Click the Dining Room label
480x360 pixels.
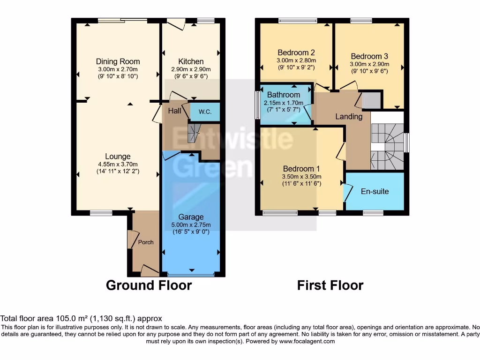point(118,61)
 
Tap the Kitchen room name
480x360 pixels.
point(191,61)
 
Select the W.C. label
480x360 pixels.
point(205,112)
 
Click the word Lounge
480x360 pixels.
point(118,157)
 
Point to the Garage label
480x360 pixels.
point(191,217)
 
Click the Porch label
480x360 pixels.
point(146,242)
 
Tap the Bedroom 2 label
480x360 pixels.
point(296,52)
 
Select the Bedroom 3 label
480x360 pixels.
point(369,56)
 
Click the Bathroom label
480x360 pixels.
point(284,95)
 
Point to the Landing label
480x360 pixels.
point(349,117)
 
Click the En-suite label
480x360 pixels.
point(375,192)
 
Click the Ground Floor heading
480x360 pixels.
point(149,285)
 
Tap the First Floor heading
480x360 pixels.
point(330,285)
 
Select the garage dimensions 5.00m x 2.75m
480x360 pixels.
point(191,225)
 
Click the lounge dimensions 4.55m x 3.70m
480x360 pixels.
point(118,165)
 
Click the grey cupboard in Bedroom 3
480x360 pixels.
point(372,100)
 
